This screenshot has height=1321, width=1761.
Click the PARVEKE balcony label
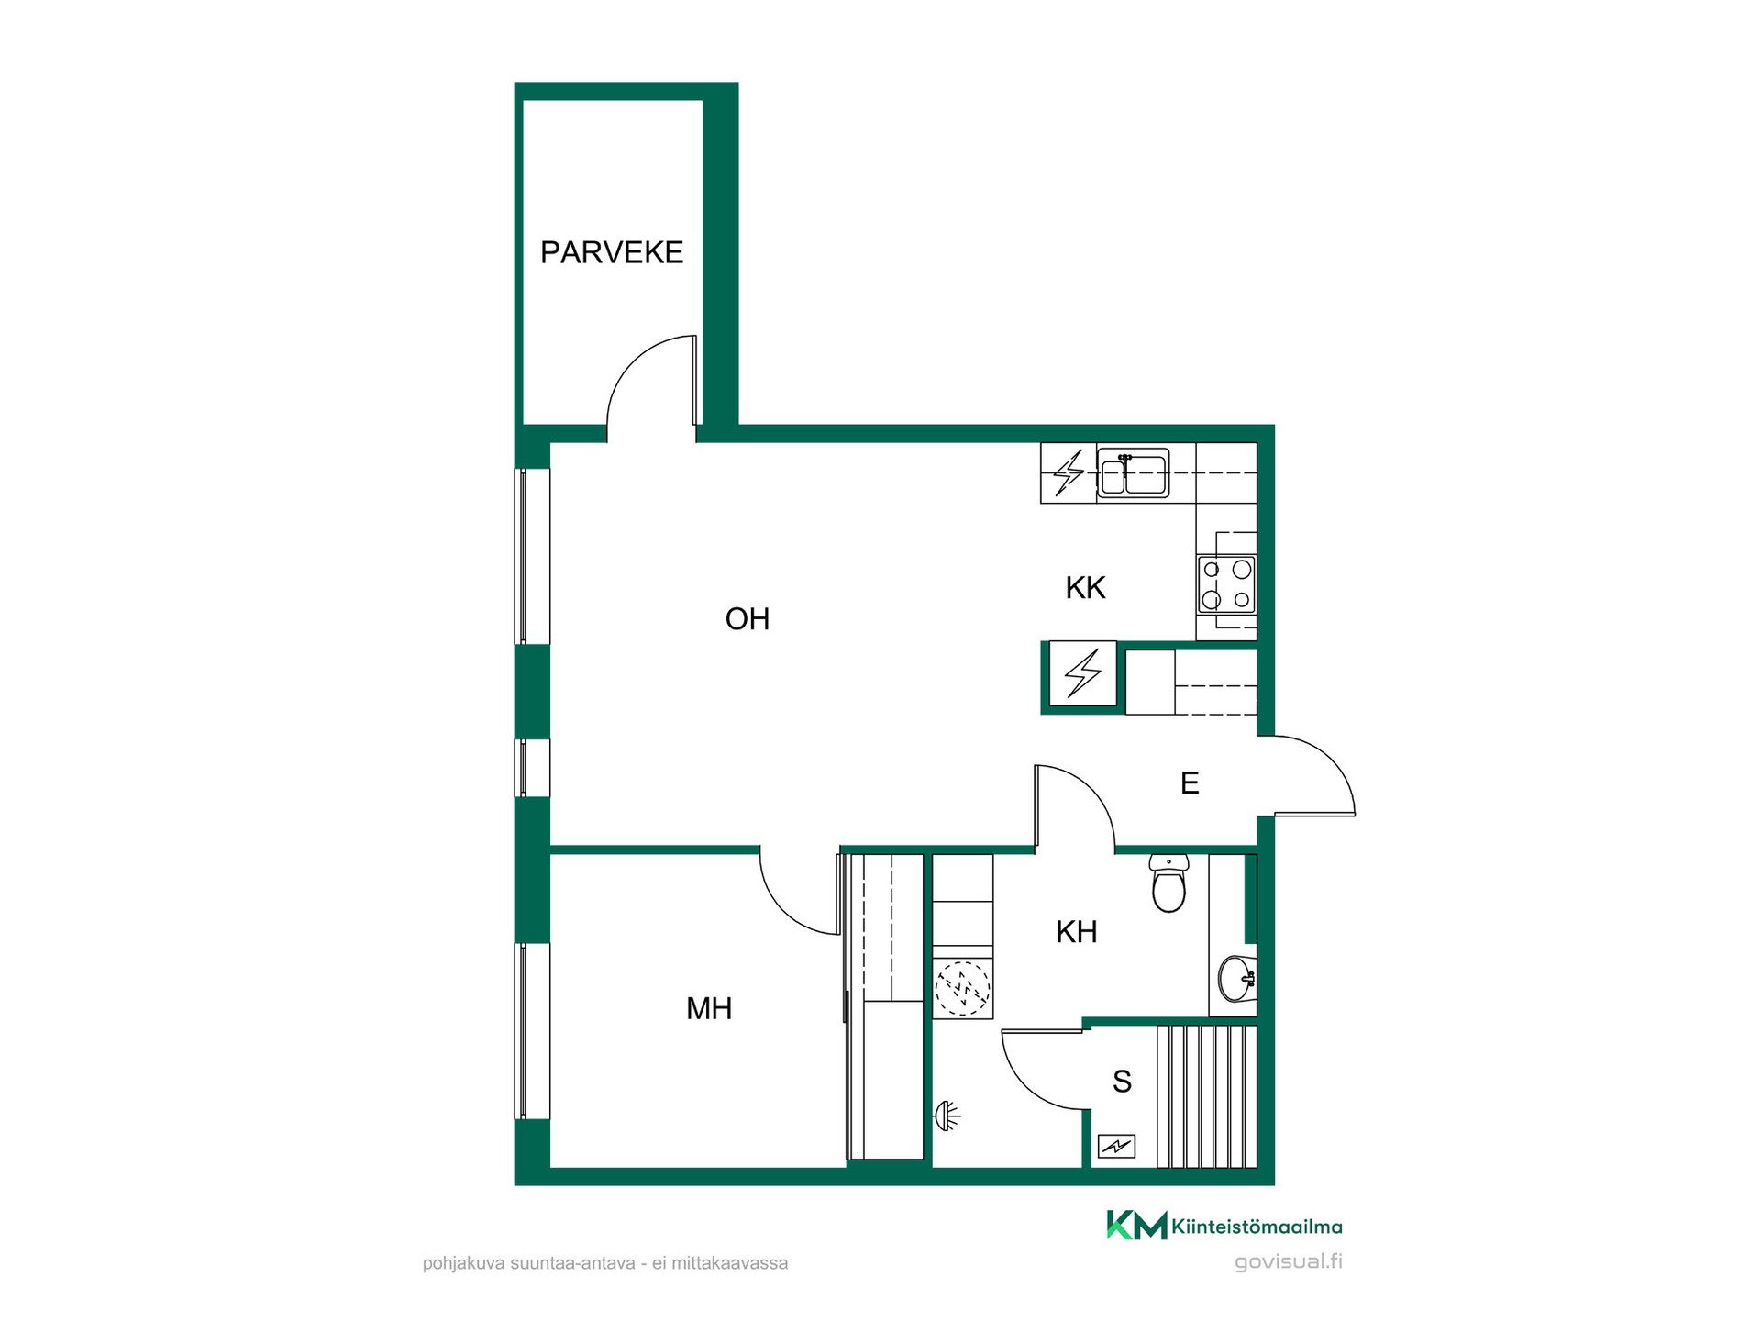(x=612, y=252)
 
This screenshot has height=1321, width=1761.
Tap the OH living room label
(x=748, y=619)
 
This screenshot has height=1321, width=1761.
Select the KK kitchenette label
(x=1086, y=588)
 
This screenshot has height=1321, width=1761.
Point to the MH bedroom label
(x=709, y=1009)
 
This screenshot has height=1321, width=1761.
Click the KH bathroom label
(x=1077, y=932)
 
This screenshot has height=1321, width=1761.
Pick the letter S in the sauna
(x=1122, y=1082)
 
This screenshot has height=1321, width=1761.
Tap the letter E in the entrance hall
(x=1190, y=783)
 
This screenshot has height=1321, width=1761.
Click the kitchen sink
(x=1134, y=473)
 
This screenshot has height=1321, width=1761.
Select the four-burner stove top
(x=1226, y=584)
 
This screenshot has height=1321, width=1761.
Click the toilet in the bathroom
(x=1168, y=883)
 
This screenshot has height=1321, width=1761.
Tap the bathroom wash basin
(x=1237, y=979)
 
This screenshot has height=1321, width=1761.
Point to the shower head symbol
(x=947, y=1116)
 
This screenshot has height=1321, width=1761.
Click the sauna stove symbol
(x=1116, y=1146)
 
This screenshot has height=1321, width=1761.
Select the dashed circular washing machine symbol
(x=962, y=989)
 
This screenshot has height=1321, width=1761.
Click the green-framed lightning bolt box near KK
(x=1082, y=674)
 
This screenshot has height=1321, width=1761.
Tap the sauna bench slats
(x=1207, y=1096)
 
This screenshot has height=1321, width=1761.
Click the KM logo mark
(x=1136, y=1225)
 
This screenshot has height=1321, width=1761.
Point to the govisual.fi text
(x=1288, y=1262)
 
